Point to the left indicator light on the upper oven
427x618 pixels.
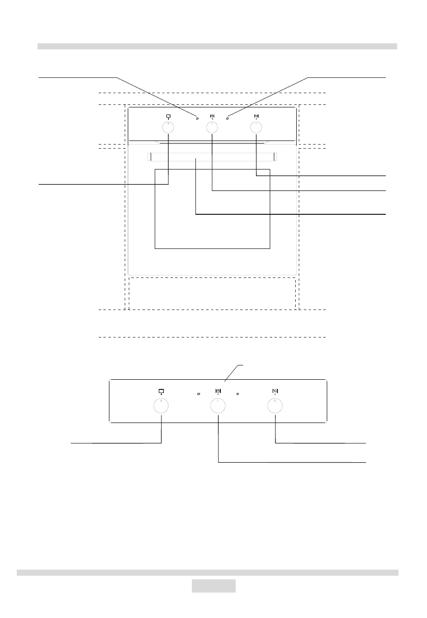[x=197, y=119]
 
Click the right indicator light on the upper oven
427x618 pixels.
[x=227, y=119]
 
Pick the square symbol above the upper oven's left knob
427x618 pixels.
[x=168, y=116]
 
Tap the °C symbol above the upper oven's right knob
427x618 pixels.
[x=255, y=116]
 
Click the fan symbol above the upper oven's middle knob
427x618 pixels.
[x=212, y=116]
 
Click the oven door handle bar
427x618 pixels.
[x=211, y=158]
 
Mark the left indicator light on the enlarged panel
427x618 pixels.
[x=199, y=394]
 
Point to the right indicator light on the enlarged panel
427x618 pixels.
[x=238, y=394]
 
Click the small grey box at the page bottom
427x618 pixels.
[x=214, y=586]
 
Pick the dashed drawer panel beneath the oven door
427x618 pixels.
[x=212, y=293]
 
